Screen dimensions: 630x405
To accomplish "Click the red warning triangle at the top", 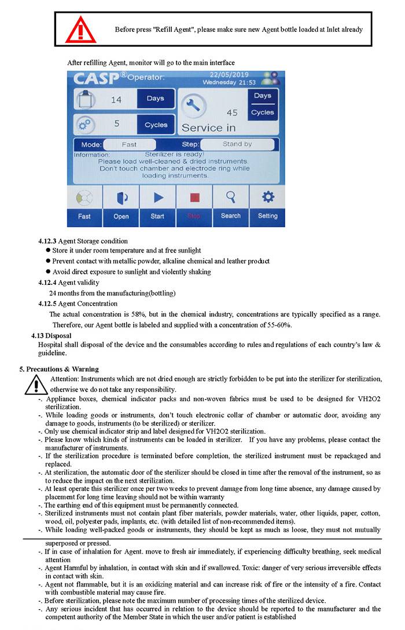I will pyautogui.click(x=80, y=29).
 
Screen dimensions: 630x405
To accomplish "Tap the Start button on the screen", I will pyautogui.click(x=157, y=205).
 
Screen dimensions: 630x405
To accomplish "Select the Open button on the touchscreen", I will pyautogui.click(x=121, y=205).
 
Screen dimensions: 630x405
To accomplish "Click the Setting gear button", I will pyautogui.click(x=268, y=205).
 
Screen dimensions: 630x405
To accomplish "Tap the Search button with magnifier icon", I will pyautogui.click(x=230, y=205).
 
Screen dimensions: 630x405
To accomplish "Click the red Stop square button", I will pyautogui.click(x=194, y=205).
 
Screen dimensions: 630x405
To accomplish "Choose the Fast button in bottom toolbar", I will pyautogui.click(x=84, y=205).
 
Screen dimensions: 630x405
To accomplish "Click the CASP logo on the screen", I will pyautogui.click(x=97, y=79).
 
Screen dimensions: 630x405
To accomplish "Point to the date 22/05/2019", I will pyautogui.click(x=229, y=75).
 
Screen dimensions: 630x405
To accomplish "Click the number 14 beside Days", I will pyautogui.click(x=116, y=100).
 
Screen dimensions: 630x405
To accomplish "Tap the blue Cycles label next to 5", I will pyautogui.click(x=156, y=124).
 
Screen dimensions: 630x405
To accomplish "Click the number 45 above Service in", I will pyautogui.click(x=232, y=113).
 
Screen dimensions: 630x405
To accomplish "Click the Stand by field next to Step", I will pyautogui.click(x=237, y=144).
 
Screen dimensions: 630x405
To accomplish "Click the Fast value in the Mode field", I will pyautogui.click(x=129, y=144).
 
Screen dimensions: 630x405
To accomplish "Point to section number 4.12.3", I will pyautogui.click(x=47, y=241).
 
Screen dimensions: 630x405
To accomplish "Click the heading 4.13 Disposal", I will pyautogui.click(x=51, y=335).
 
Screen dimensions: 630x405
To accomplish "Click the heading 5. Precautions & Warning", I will pyautogui.click(x=59, y=369).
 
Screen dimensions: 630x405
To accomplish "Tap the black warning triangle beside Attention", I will pyautogui.click(x=36, y=383).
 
